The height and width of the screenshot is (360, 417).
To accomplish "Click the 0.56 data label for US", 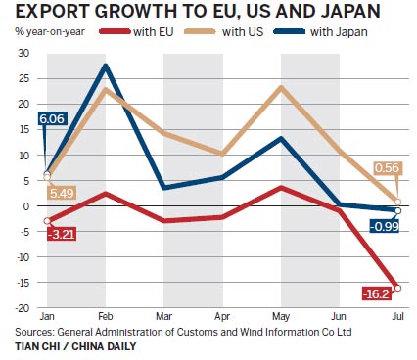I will [x=389, y=166].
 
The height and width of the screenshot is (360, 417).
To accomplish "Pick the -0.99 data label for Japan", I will [x=385, y=227].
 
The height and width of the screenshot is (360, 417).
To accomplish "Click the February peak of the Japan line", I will [x=104, y=66].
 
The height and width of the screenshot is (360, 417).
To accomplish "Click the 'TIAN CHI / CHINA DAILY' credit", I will [x=69, y=347].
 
